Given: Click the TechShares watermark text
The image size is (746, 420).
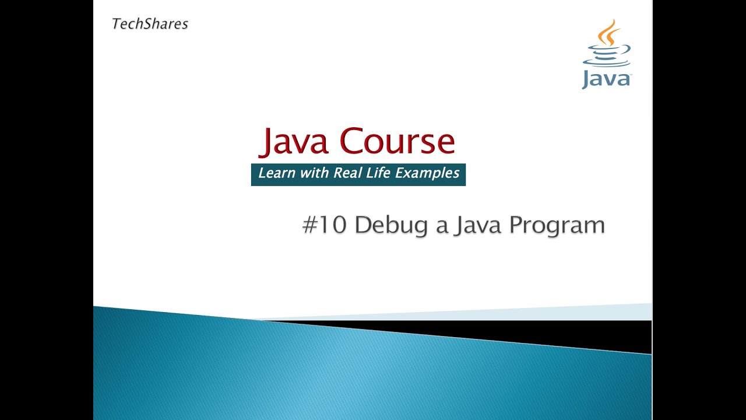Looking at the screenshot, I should coord(150,24).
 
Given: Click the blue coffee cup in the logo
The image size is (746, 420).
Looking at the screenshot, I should coord(606,57).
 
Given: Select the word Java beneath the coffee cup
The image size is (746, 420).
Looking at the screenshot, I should coord(606,78).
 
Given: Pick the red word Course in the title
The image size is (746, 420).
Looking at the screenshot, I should coord(397,142).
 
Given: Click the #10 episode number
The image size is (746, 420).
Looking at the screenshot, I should coord(325,225).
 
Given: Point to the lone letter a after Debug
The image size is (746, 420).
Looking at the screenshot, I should coord(442,227).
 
